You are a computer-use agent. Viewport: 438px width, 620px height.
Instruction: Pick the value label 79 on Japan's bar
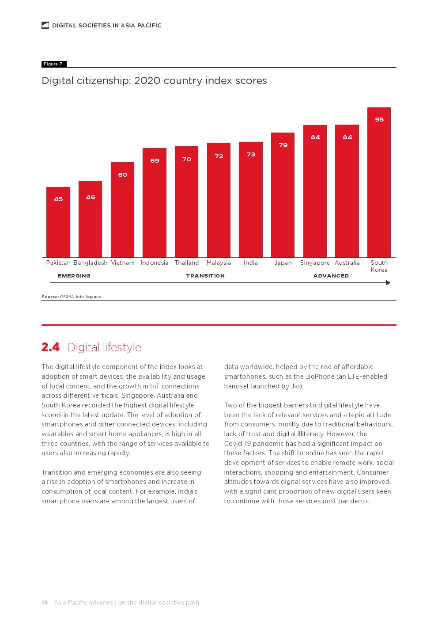(283, 145)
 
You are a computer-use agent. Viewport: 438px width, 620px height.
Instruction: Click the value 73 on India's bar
(251, 154)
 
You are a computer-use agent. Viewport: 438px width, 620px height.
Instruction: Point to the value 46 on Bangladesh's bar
(91, 197)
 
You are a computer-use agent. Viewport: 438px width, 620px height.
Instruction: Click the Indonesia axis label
(155, 262)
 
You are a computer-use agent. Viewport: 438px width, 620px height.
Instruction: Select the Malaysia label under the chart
(219, 262)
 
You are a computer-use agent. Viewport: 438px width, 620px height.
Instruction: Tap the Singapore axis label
(315, 262)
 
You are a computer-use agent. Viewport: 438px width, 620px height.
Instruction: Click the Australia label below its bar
(347, 262)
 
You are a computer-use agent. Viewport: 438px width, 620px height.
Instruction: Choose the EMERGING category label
(74, 276)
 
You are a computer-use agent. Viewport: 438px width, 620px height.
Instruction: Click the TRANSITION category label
(205, 276)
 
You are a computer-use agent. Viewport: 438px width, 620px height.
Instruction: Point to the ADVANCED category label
(331, 276)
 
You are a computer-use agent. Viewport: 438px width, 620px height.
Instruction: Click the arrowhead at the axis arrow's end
(388, 283)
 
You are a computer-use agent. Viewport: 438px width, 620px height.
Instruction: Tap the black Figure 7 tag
(53, 64)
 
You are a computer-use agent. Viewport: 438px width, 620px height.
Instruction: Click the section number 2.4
(50, 347)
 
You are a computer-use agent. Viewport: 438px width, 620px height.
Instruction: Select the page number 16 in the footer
(45, 602)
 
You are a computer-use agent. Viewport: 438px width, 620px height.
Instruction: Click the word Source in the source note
(50, 297)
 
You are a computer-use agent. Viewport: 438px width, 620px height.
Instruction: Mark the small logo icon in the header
(45, 25)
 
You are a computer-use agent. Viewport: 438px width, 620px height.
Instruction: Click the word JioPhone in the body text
(319, 377)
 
